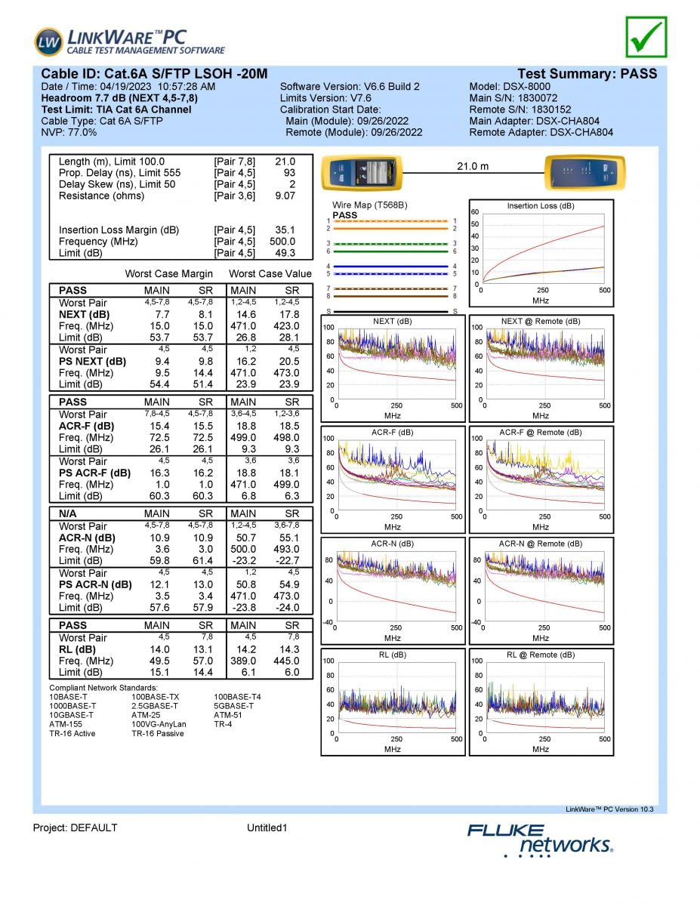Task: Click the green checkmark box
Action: [x=646, y=38]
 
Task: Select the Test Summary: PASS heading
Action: [x=587, y=74]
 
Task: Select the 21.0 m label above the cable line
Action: [x=473, y=166]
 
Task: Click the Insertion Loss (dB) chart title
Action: [x=541, y=206]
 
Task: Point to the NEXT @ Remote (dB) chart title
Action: [x=541, y=322]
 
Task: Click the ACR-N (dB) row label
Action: [x=87, y=538]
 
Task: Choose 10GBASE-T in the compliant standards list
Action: [x=71, y=714]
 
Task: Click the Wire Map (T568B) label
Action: [x=370, y=205]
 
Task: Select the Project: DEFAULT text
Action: [x=75, y=827]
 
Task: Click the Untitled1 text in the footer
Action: [x=267, y=827]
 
